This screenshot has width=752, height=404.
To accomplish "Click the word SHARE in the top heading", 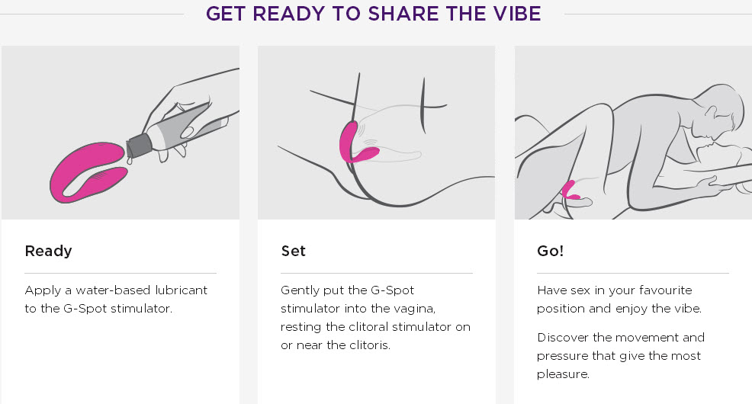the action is point(403,14).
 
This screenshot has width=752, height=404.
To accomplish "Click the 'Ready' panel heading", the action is point(49,251).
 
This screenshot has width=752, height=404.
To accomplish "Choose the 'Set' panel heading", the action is point(293,251).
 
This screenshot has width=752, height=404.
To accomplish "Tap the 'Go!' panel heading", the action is point(550,251).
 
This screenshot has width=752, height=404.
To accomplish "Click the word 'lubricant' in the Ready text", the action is point(181,290).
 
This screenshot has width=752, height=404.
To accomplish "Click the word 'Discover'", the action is point(563,338).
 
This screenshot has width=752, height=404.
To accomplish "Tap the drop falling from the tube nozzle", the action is point(130,160).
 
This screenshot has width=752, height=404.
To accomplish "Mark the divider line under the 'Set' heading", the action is point(377,273).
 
